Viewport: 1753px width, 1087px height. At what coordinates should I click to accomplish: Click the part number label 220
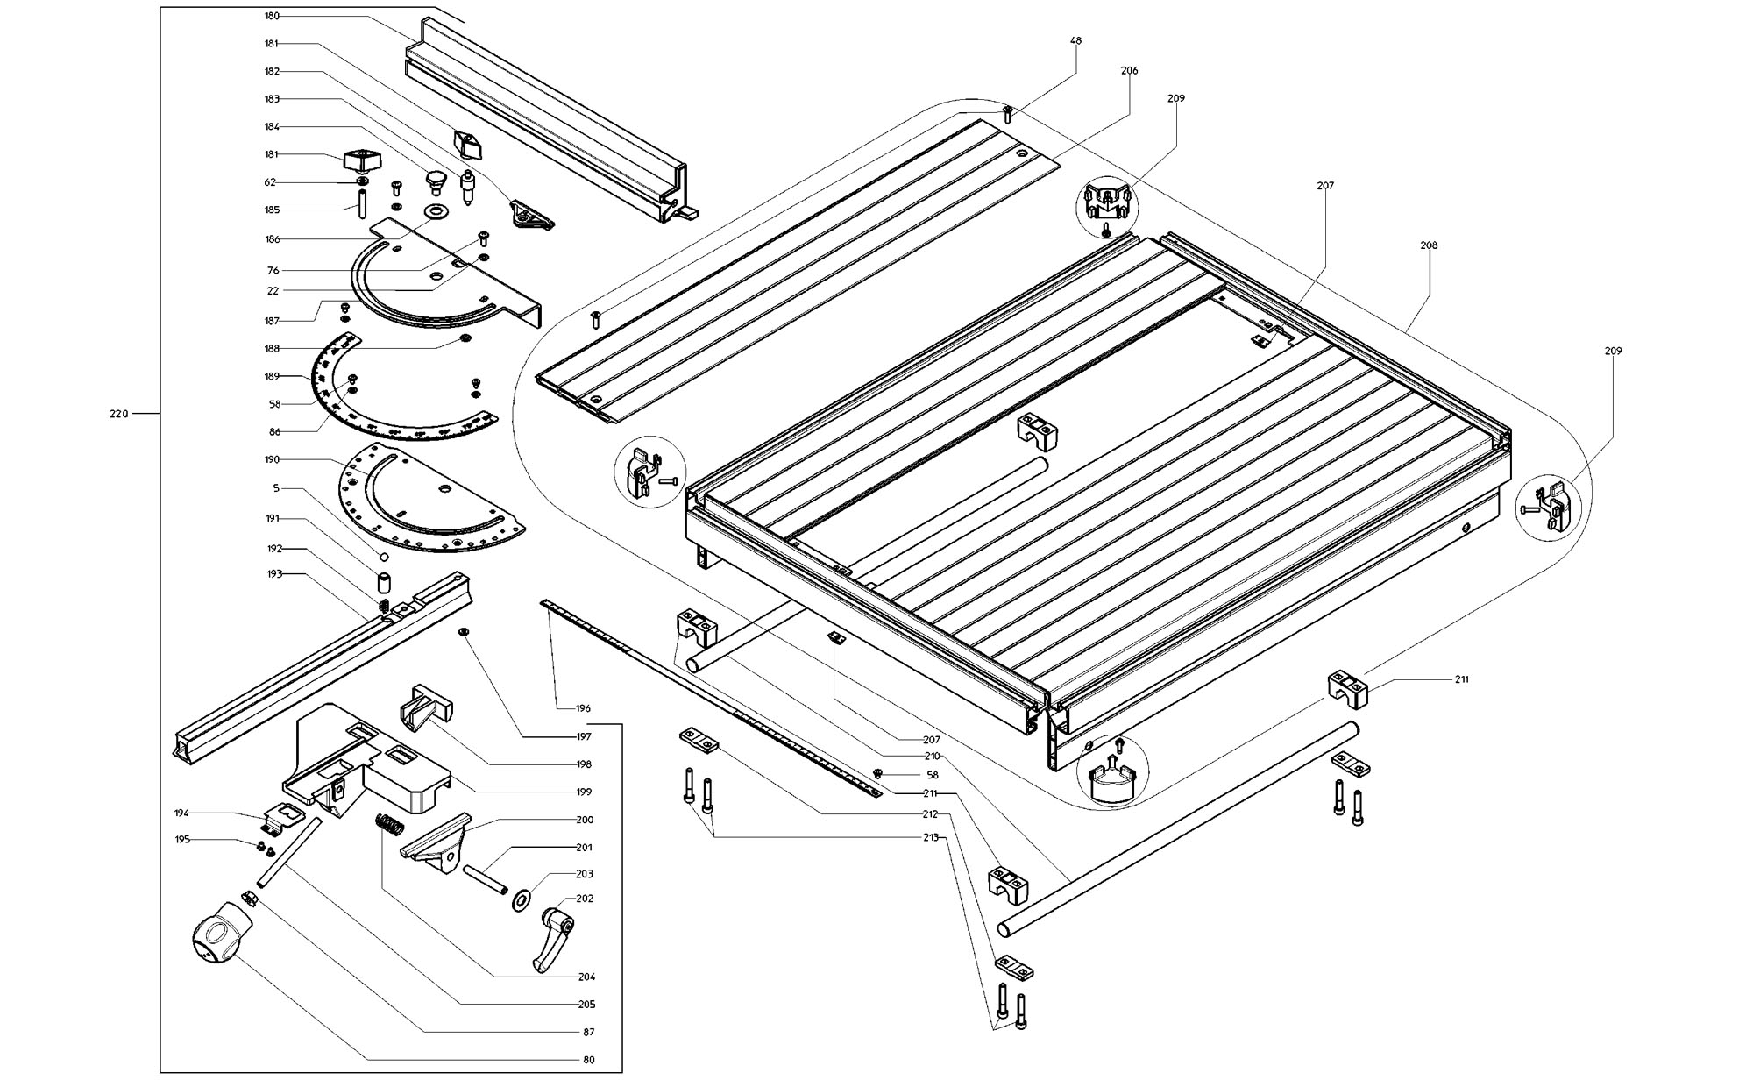[118, 414]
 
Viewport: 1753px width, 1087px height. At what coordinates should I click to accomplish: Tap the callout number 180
[272, 17]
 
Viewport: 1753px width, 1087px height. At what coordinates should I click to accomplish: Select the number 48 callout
[1075, 41]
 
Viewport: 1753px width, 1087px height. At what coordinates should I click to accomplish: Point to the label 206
[1129, 71]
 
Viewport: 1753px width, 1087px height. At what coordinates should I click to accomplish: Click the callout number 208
[1429, 246]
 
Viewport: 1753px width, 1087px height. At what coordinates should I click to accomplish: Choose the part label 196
[583, 708]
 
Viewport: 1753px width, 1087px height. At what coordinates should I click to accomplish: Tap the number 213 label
[931, 838]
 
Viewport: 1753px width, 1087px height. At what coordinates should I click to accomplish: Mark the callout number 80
[588, 1060]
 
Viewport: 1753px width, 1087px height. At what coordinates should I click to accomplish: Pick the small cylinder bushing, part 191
[383, 582]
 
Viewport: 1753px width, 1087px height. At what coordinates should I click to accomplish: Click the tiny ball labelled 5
[383, 557]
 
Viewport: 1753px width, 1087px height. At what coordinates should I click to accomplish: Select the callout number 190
[272, 460]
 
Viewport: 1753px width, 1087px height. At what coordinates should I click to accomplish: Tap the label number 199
[584, 792]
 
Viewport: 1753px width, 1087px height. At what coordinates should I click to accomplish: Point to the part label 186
[272, 239]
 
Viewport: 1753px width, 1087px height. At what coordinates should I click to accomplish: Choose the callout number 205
[586, 1005]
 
